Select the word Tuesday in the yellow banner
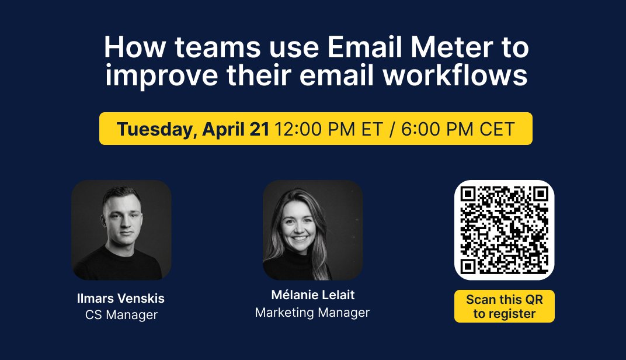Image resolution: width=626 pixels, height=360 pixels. [155, 129]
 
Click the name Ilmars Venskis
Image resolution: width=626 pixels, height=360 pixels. [121, 299]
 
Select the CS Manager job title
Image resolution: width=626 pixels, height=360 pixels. [121, 315]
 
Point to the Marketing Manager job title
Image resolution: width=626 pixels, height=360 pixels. [312, 313]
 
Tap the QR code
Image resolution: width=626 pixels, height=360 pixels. [504, 230]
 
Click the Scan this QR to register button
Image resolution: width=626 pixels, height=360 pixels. [504, 307]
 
